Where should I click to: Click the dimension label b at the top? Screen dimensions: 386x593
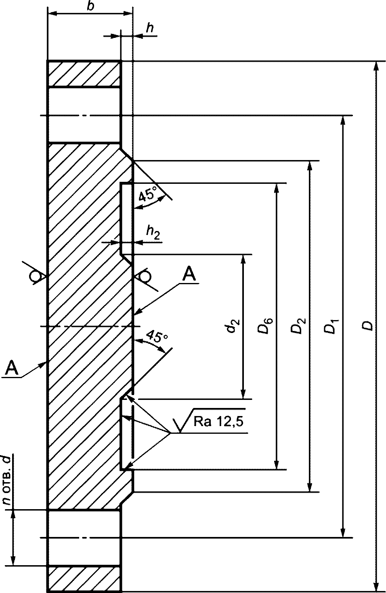[91, 6]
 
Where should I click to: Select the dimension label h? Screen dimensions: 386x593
[150, 28]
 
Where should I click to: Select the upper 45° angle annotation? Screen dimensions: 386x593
[146, 196]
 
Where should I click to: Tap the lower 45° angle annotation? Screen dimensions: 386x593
[157, 337]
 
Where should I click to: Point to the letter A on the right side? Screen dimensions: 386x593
[189, 274]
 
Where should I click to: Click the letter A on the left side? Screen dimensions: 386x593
[12, 367]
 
